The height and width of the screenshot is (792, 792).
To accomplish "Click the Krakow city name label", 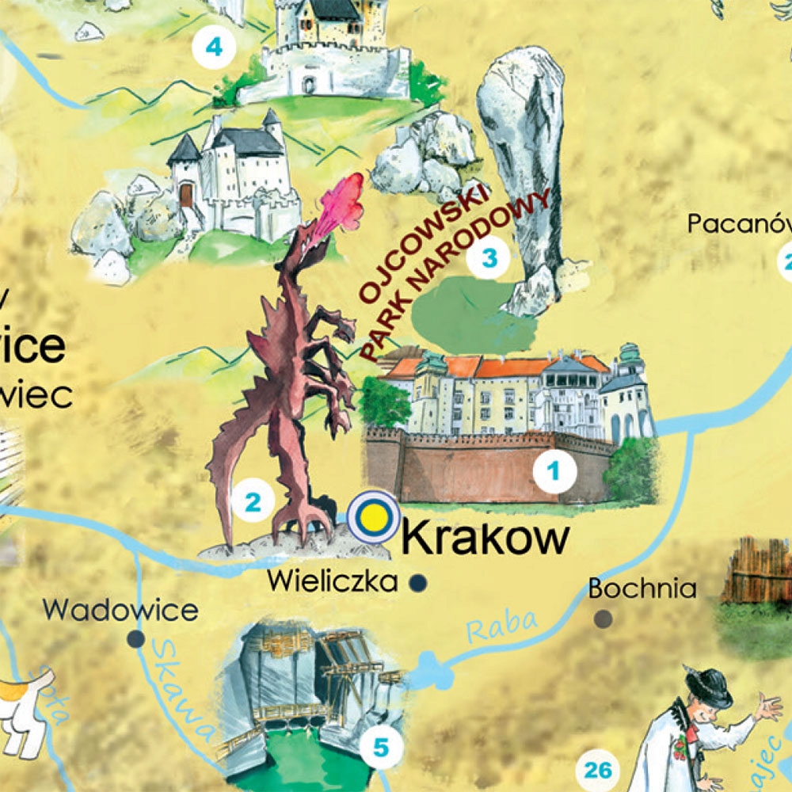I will pos(485,539).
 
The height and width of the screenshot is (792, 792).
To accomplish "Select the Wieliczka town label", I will pos(332,581).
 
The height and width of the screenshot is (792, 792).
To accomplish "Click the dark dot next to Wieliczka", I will pos(417,584).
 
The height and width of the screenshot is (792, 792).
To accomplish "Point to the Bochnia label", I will pos(642,588).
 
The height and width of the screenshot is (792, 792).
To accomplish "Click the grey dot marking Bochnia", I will pos(604,618).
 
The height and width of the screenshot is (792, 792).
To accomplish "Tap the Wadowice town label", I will pos(120,610).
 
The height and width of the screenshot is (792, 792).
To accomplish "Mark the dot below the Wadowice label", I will pos(136,638).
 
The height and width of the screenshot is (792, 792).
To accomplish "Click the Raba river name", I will pos(501,626).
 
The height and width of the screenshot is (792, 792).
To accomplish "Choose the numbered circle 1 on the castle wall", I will pos(554,472).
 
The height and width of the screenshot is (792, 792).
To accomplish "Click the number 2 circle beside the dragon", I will pos(253,501).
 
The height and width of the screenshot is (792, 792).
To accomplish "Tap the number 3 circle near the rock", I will pos(489,258).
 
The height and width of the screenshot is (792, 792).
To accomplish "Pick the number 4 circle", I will pos(214,48).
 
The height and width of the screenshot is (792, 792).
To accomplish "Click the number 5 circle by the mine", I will pos(381,746).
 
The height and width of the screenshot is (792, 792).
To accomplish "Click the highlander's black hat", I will pos(709,687).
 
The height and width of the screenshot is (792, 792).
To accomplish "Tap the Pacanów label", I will pos(737,224).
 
